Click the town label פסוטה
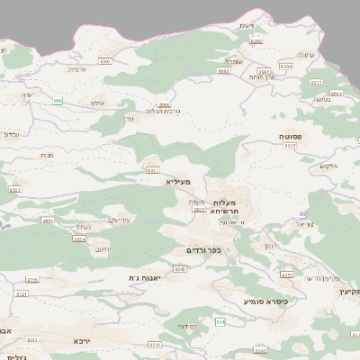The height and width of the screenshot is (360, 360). (x=291, y=136)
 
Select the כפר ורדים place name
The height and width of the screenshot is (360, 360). (x=202, y=250)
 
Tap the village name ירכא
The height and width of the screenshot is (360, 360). (x=83, y=342)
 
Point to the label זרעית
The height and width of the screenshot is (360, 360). (x=247, y=25)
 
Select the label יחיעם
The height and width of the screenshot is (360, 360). (x=103, y=249)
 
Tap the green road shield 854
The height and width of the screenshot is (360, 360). (x=219, y=321)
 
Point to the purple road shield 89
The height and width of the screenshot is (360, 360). (x=303, y=213)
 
